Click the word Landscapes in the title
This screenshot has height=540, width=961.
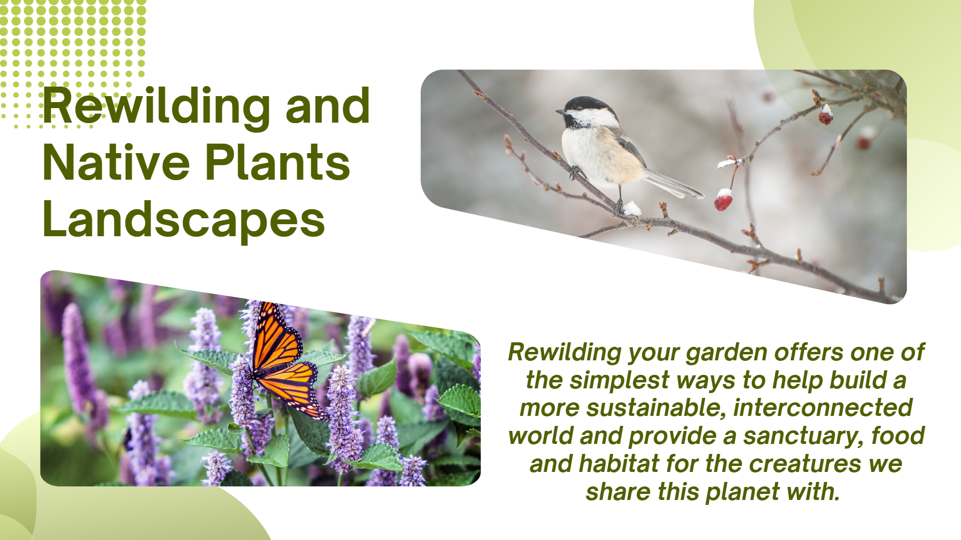click(184, 219)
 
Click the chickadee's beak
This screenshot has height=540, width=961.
click(558, 111)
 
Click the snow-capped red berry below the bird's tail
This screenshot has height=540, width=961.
click(723, 200)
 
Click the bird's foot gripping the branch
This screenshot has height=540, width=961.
click(574, 172)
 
